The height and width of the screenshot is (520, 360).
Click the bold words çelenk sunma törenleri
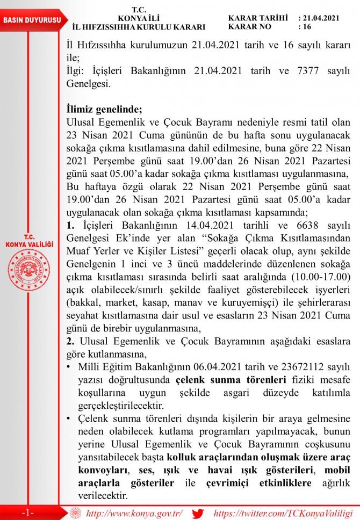(x=211, y=379)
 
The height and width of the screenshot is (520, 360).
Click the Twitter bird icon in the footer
(x=198, y=512)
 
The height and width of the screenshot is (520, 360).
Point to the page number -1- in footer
(x=28, y=512)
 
